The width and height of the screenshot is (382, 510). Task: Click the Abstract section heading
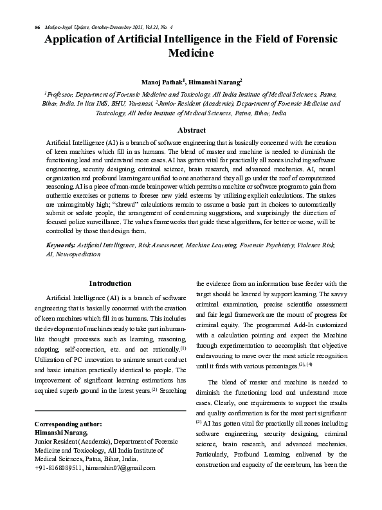[191, 130]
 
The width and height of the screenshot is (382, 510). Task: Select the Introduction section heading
[110, 283]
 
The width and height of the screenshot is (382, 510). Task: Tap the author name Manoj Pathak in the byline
[163, 82]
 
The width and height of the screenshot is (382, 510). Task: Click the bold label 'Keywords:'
[60, 245]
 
